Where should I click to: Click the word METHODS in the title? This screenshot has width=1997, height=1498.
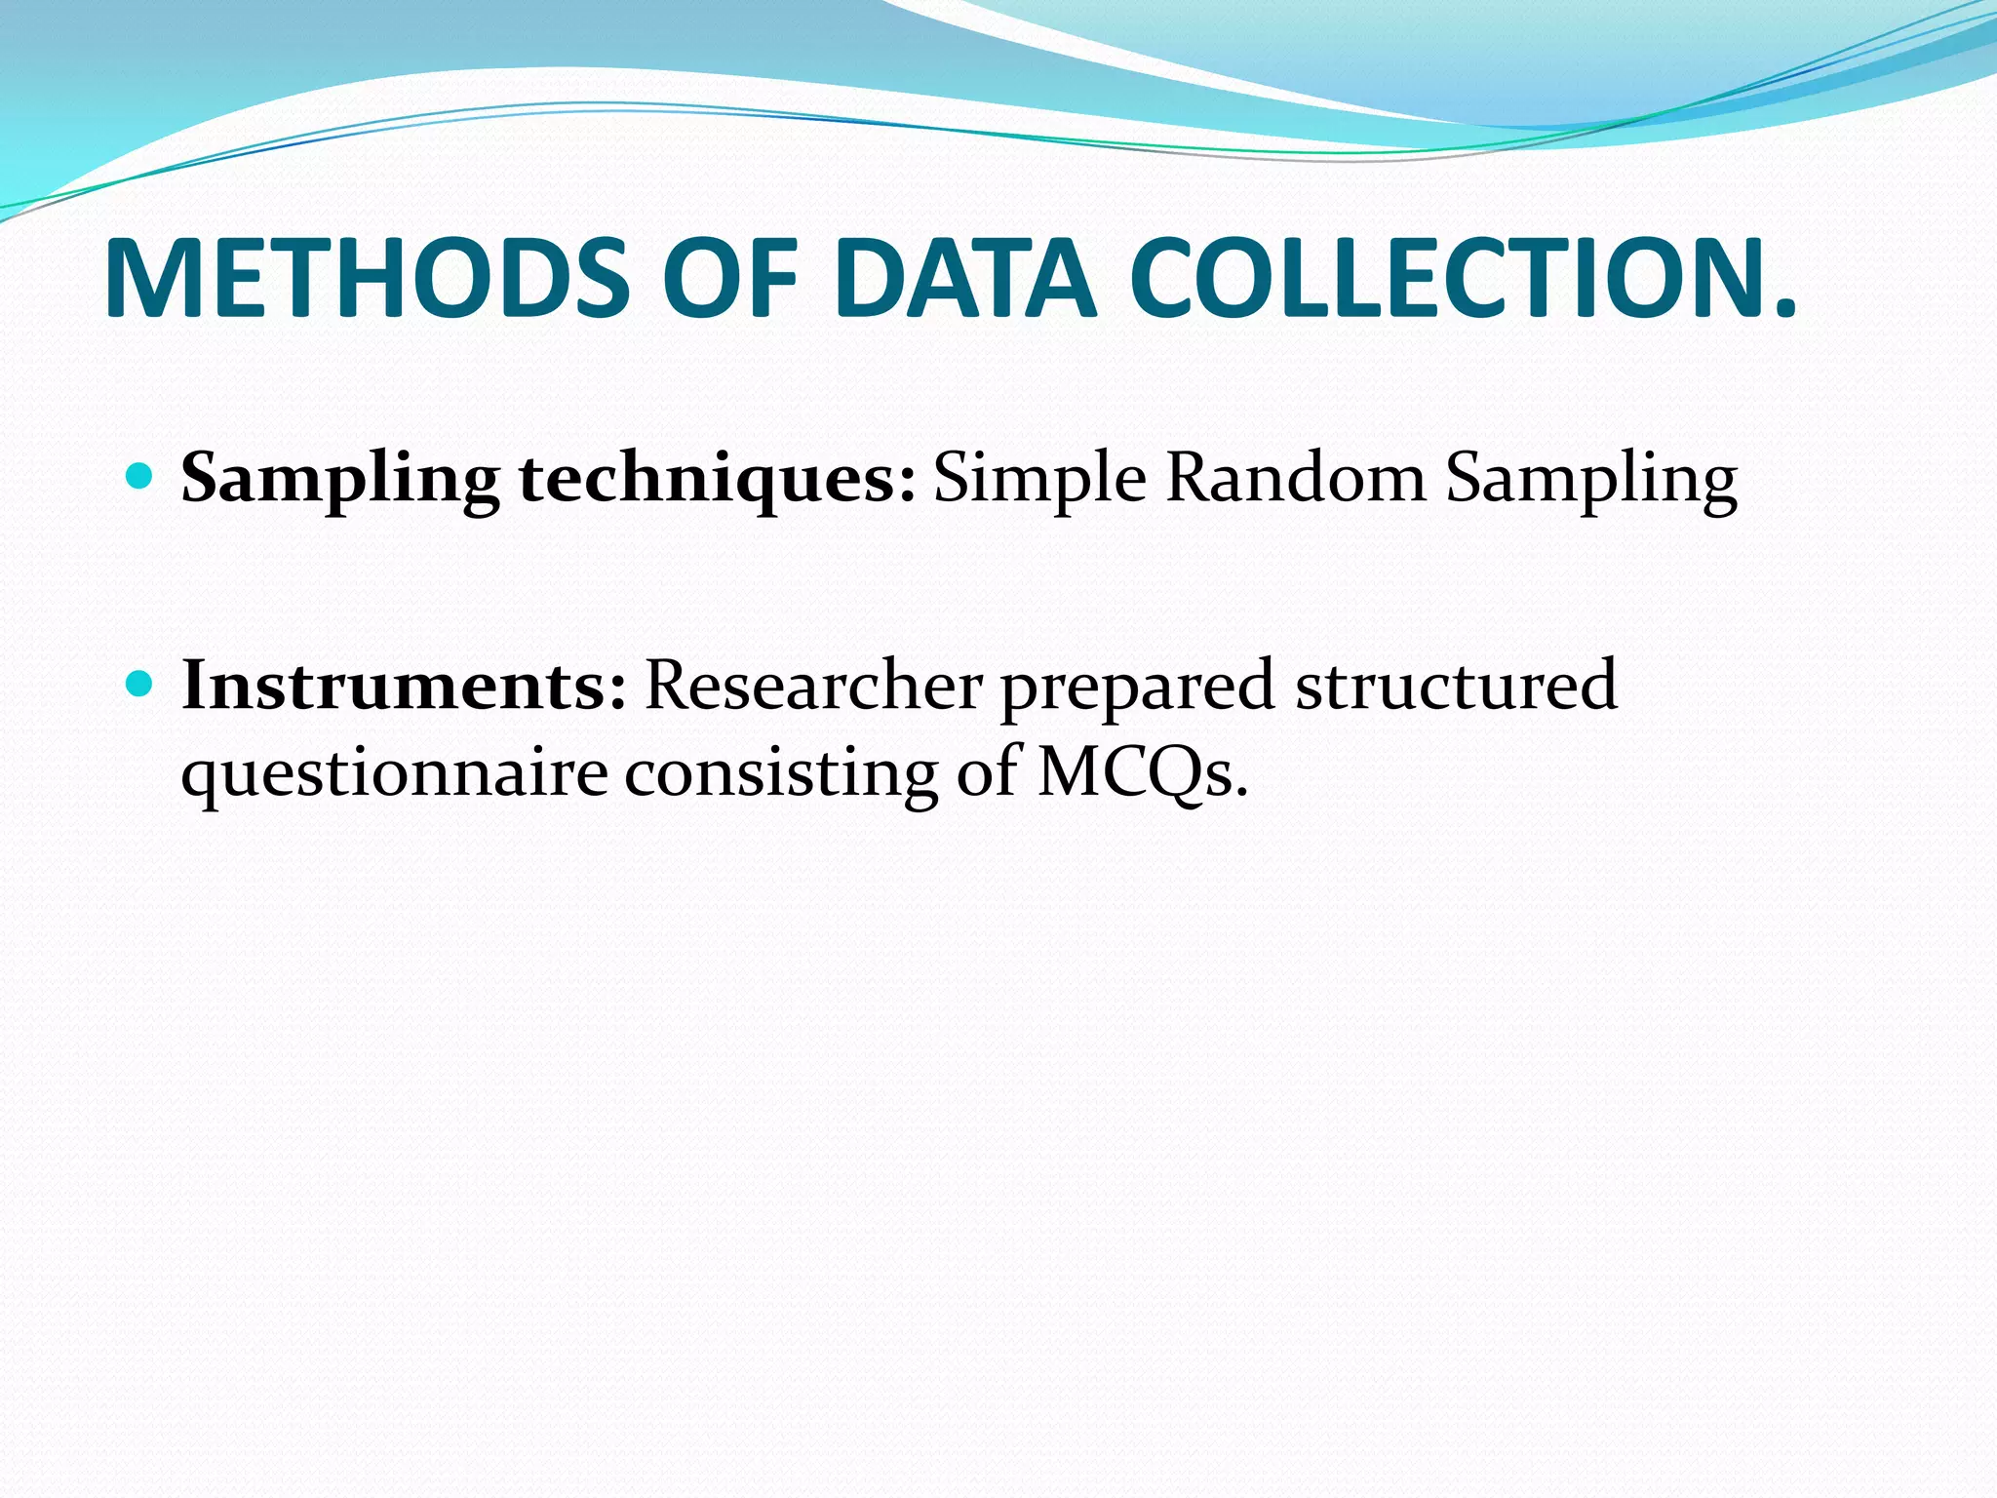(367, 278)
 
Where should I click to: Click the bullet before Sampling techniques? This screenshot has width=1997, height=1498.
(140, 477)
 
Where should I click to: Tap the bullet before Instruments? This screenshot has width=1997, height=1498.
(140, 684)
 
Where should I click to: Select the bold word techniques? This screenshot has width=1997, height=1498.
(717, 480)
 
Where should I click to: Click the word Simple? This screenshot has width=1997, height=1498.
(1039, 480)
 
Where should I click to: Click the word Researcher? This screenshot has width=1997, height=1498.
(813, 685)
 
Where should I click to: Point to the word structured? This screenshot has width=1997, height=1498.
(1456, 685)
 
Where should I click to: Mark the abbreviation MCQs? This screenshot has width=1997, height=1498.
(1141, 774)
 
